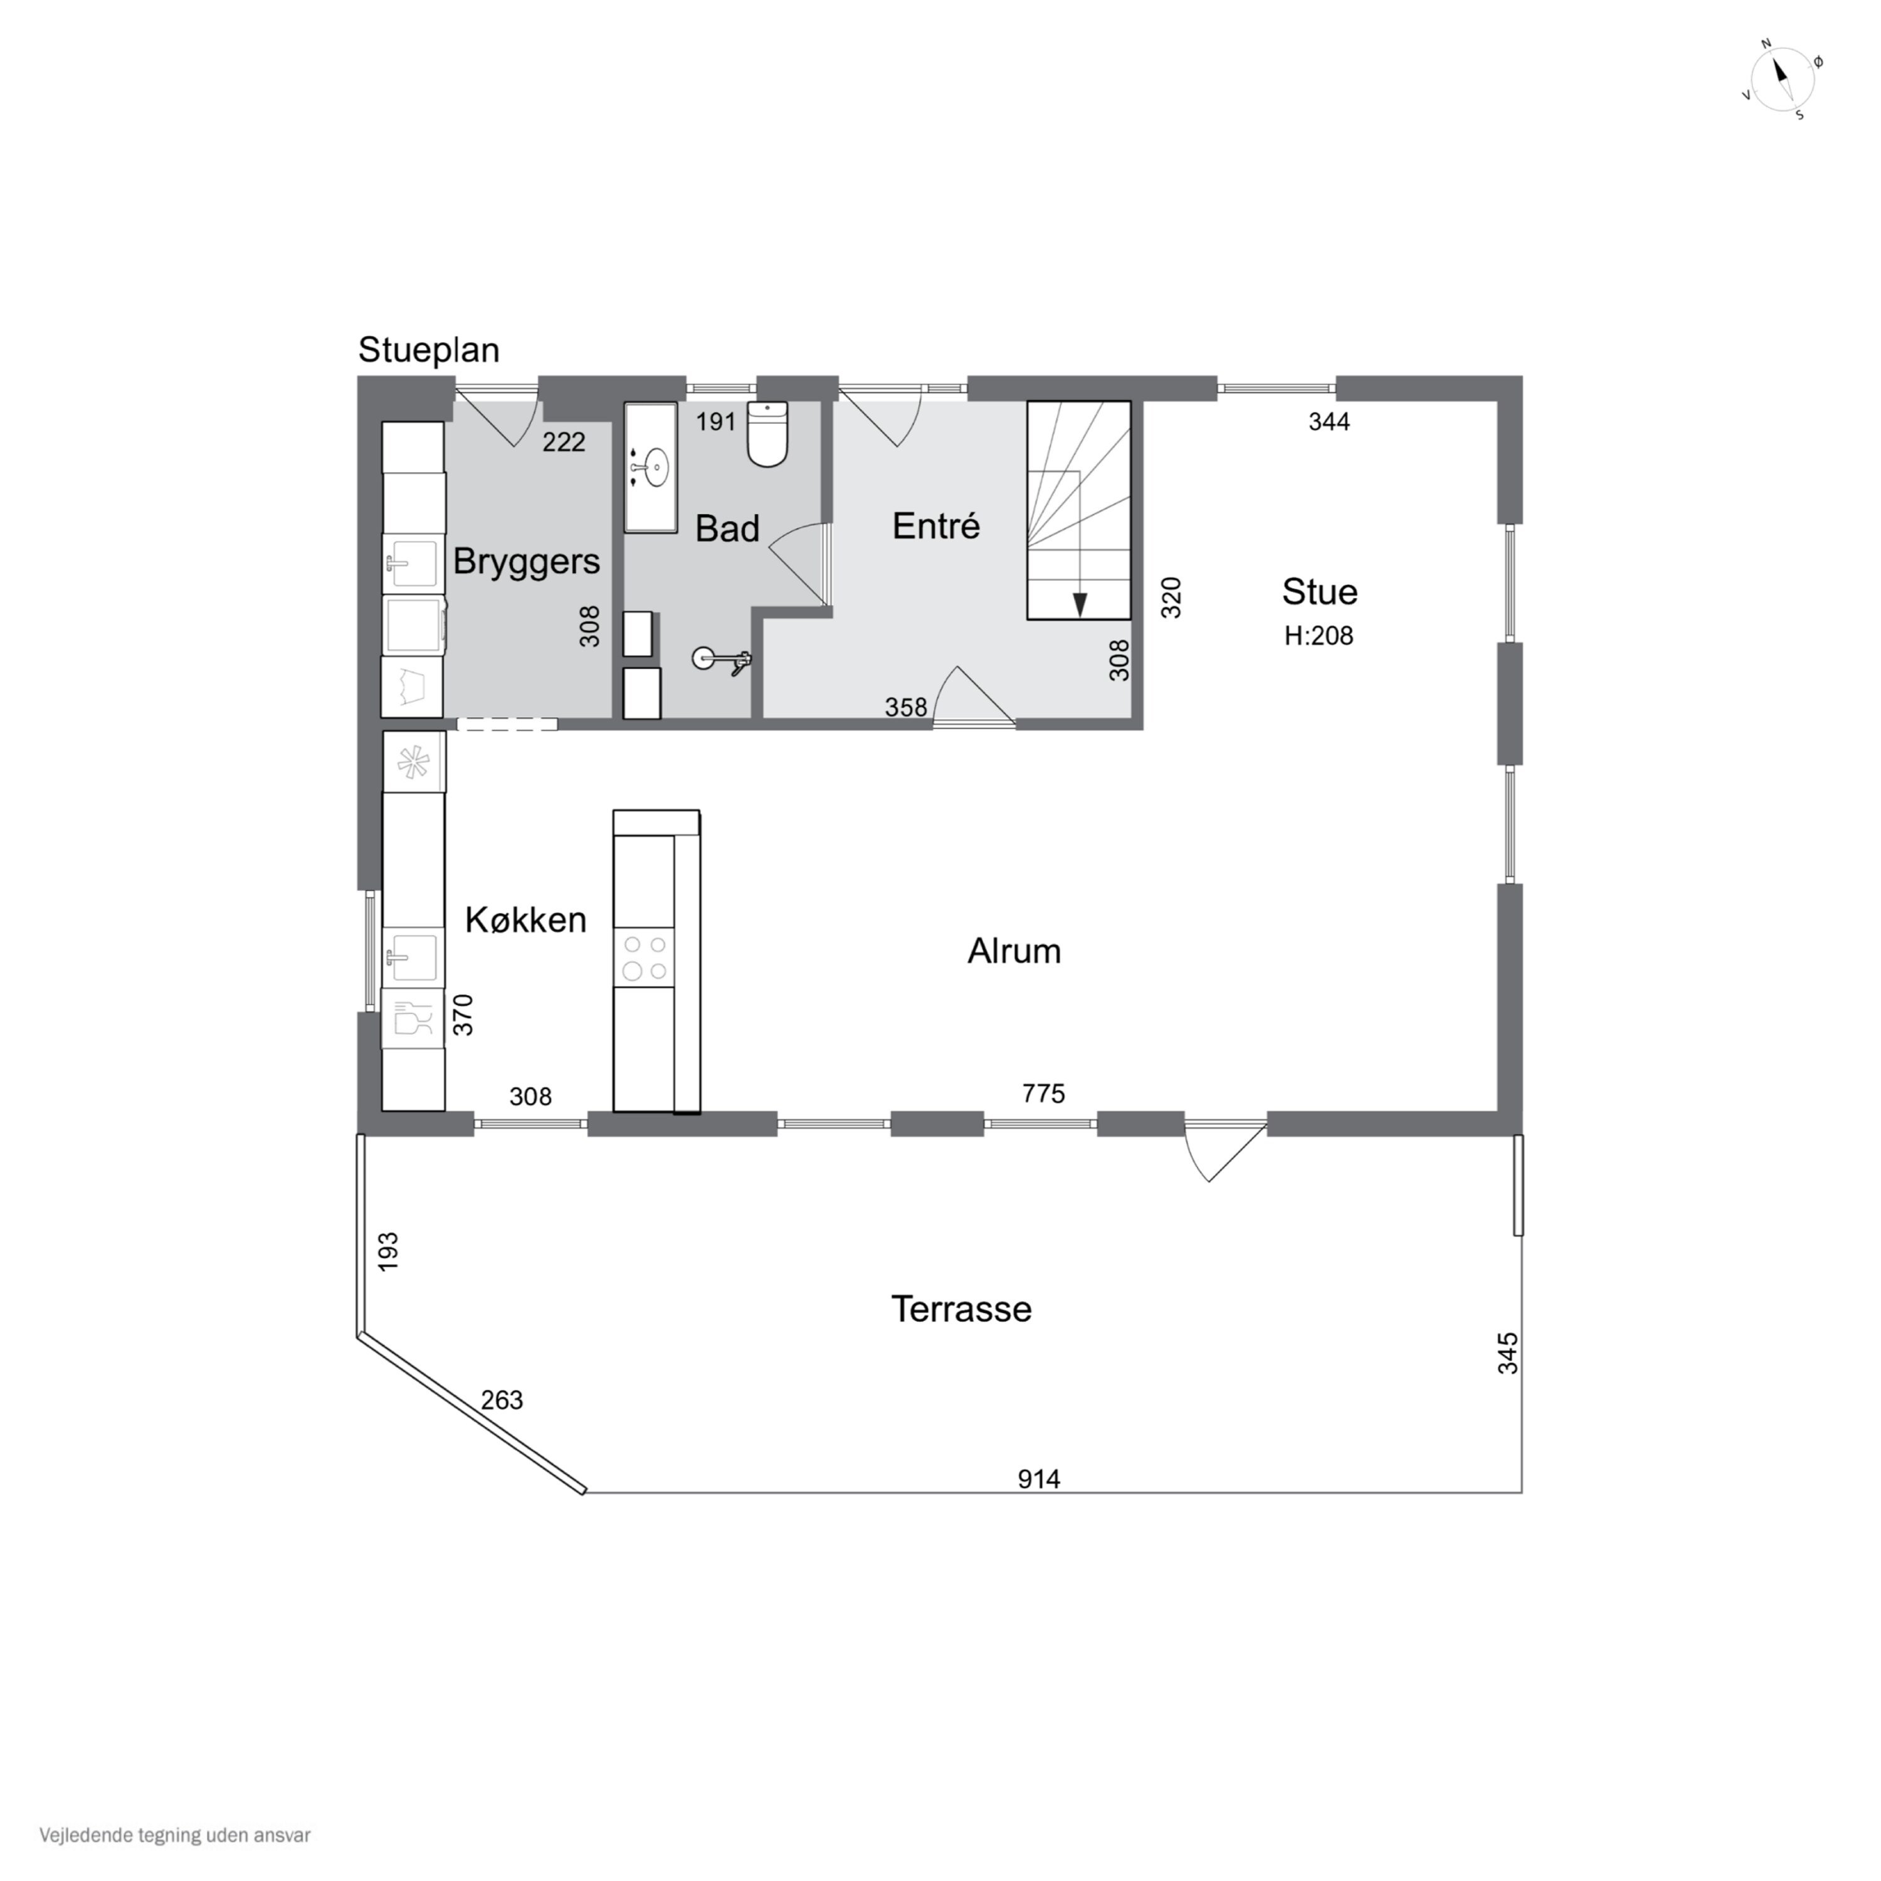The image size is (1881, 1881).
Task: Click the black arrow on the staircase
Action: pyautogui.click(x=1078, y=604)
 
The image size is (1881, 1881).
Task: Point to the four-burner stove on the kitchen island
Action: pyautogui.click(x=643, y=957)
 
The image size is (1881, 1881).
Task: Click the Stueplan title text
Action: pyautogui.click(x=428, y=349)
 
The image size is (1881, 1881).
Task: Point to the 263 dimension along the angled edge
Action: pyautogui.click(x=502, y=1400)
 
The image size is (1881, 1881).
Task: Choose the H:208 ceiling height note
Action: pyautogui.click(x=1318, y=636)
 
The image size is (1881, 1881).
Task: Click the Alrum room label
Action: pyautogui.click(x=1013, y=951)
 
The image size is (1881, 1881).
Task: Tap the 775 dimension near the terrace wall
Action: pyautogui.click(x=1043, y=1093)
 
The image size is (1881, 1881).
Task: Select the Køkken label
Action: pyautogui.click(x=526, y=920)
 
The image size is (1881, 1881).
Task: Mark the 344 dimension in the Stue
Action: pyautogui.click(x=1329, y=421)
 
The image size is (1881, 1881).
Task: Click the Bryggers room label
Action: pyautogui.click(x=526, y=562)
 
